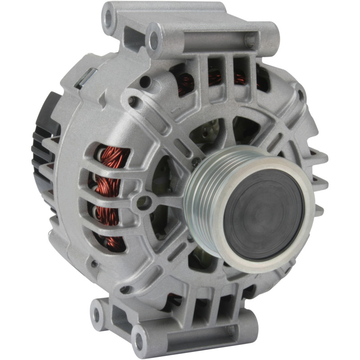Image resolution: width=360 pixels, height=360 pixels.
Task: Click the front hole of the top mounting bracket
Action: click(154, 41)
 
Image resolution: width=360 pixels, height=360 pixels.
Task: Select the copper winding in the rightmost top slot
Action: click(240, 79)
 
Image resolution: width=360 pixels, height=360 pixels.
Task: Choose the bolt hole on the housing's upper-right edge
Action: click(301, 95)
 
